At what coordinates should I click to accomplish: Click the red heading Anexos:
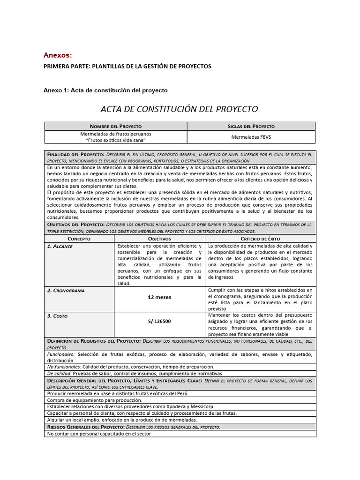click(x=58, y=55)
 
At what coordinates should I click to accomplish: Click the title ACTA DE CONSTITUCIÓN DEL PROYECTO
click(x=180, y=109)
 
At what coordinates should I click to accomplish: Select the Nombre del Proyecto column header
click(x=116, y=126)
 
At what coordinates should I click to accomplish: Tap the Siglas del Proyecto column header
click(x=251, y=126)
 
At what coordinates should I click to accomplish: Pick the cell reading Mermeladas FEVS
click(x=251, y=137)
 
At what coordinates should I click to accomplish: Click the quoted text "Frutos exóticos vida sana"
click(x=116, y=140)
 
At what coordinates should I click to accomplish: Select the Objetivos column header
click(x=159, y=239)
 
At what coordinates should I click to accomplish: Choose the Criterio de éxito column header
click(x=260, y=239)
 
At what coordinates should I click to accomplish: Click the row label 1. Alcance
click(x=60, y=246)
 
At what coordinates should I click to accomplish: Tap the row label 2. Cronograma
click(x=66, y=291)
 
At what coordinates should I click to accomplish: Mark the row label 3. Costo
click(x=57, y=316)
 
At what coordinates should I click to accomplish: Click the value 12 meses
click(x=159, y=297)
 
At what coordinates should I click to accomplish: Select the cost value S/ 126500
click(x=159, y=322)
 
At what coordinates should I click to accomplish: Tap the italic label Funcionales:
click(x=61, y=354)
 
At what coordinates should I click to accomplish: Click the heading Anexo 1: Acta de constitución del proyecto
click(x=105, y=90)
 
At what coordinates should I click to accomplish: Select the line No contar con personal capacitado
click(x=98, y=434)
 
